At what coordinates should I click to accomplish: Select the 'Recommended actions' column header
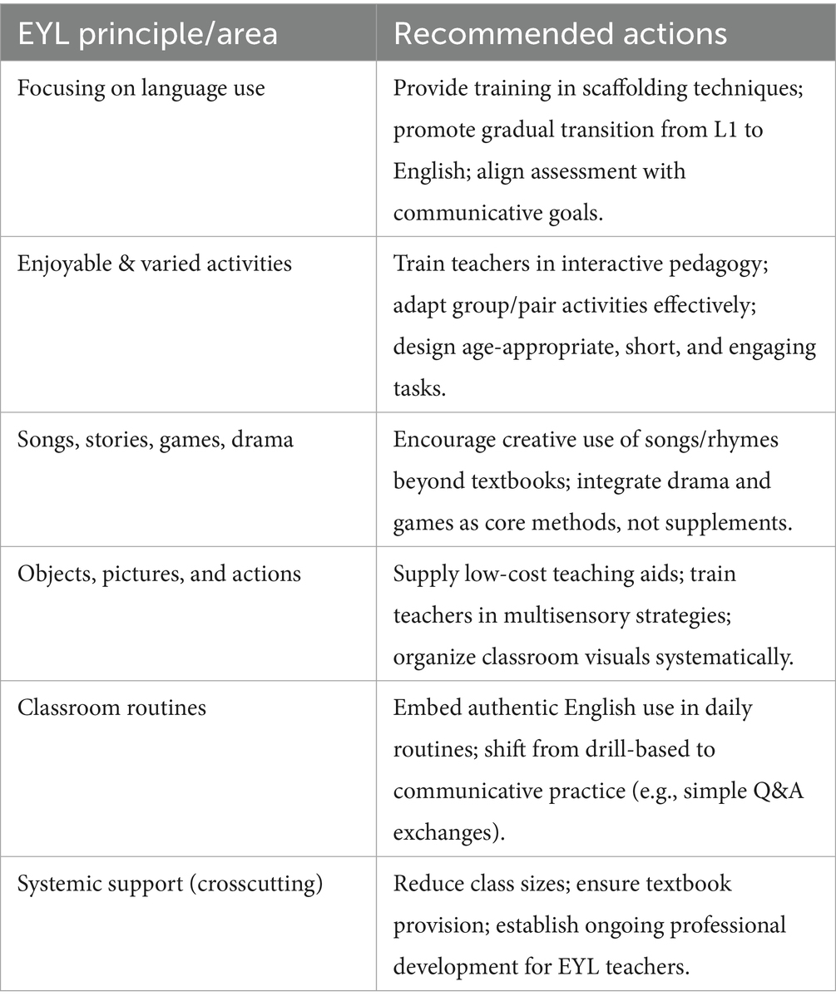click(560, 33)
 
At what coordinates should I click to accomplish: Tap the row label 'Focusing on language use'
click(141, 89)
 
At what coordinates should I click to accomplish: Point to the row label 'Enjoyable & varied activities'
click(155, 264)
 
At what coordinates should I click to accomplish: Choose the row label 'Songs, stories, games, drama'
click(155, 439)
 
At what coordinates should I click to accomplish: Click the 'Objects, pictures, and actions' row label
click(159, 574)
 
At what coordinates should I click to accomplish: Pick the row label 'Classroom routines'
click(111, 708)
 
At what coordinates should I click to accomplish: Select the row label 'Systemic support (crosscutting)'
click(170, 884)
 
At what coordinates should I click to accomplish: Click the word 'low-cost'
click(520, 574)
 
